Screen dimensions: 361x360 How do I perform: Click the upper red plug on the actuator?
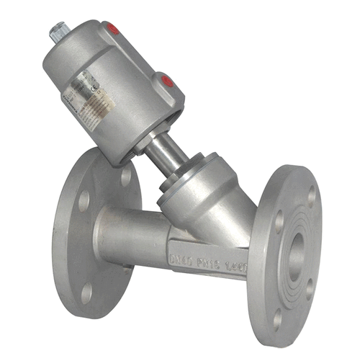point(112,30)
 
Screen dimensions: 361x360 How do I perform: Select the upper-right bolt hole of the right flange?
point(310,195)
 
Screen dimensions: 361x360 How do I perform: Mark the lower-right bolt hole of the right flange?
point(311,288)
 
